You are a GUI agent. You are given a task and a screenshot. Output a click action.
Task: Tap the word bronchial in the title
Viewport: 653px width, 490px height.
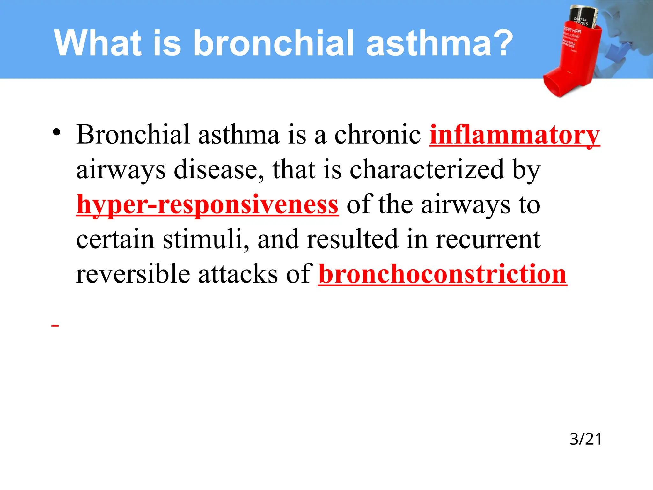point(274,43)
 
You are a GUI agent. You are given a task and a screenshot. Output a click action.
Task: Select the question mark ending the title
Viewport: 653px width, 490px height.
point(501,43)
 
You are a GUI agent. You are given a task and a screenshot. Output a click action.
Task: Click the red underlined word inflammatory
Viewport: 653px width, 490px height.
point(515,135)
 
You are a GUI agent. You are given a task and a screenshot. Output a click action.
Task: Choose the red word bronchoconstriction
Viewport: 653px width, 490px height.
point(442,274)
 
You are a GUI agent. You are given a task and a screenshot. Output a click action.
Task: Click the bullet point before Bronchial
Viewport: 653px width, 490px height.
point(56,132)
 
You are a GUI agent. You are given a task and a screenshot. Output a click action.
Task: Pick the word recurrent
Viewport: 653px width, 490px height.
point(488,239)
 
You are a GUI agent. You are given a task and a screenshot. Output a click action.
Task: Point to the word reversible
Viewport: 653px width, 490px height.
point(133,274)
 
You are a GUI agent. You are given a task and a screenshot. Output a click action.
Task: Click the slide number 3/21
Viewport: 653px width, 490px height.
point(585,439)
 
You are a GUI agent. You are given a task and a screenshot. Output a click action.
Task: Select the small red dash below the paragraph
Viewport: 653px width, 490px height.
point(55,325)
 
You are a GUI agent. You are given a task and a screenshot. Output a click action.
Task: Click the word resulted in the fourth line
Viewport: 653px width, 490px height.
point(352,239)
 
